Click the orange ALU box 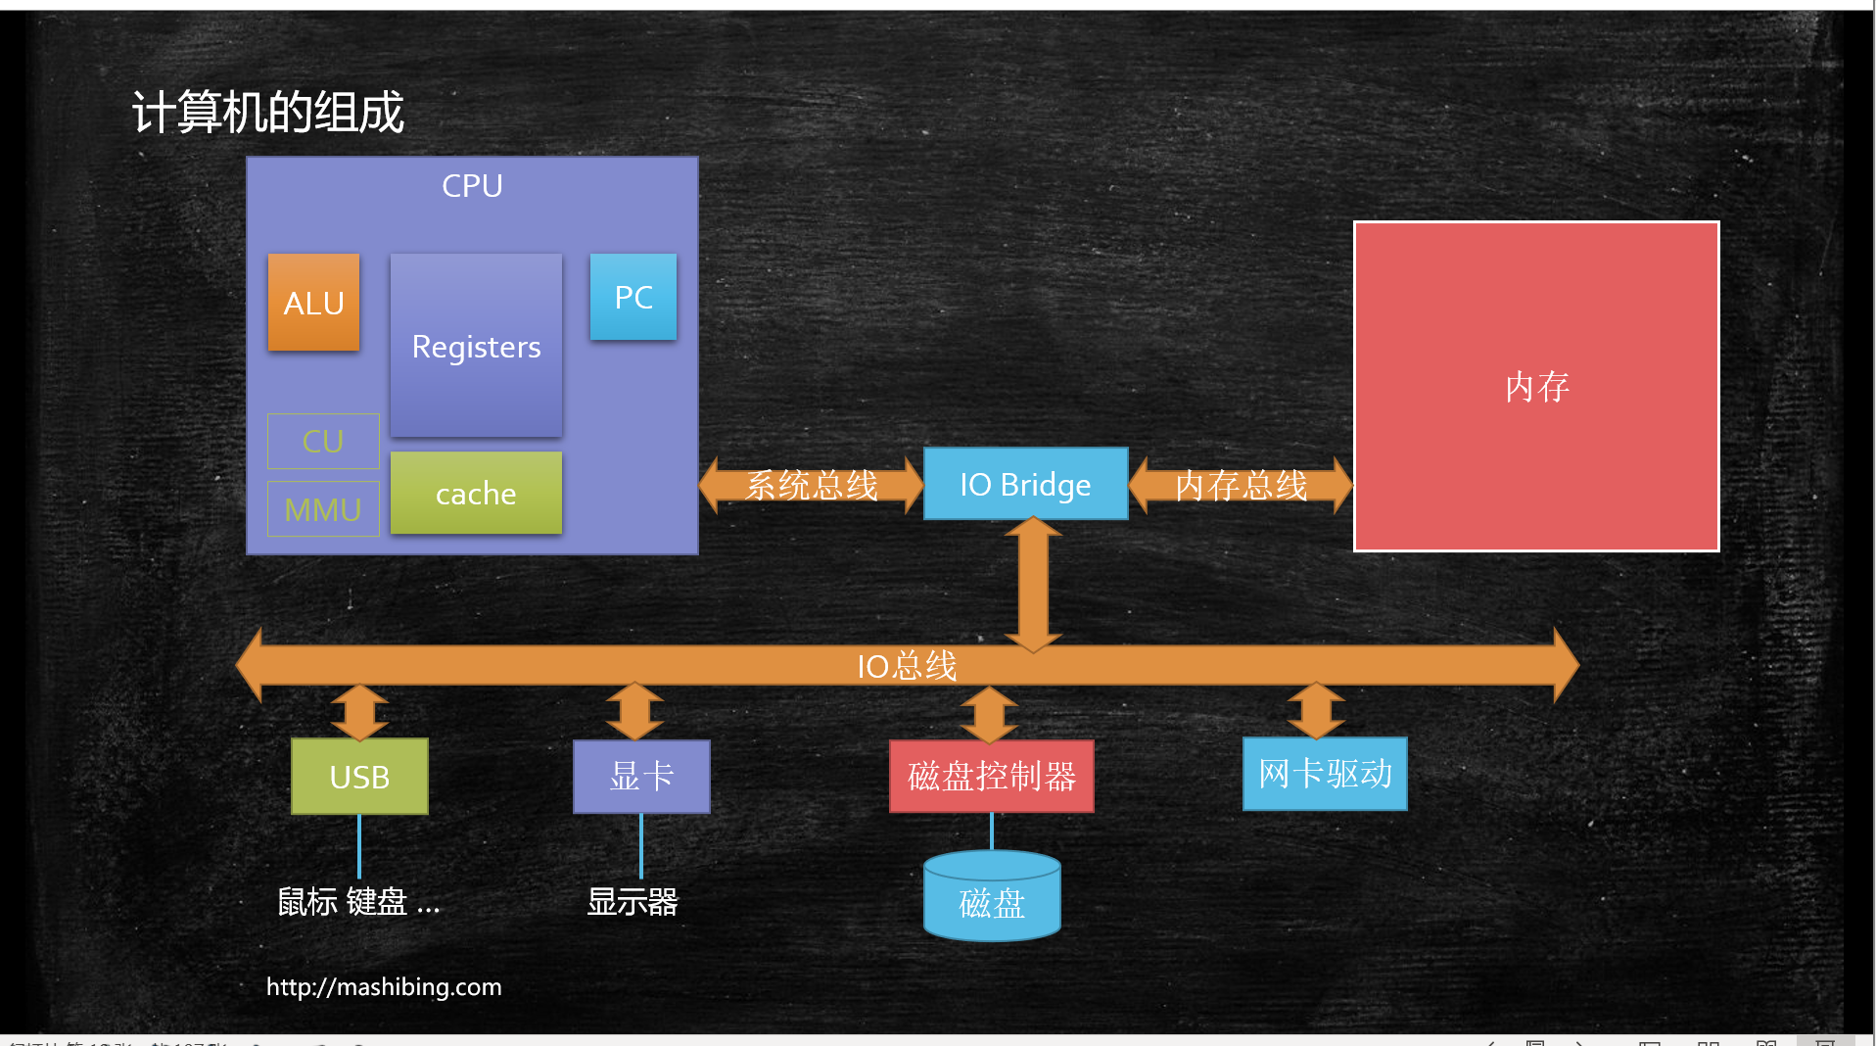313,303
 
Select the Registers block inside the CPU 476,346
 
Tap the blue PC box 633,297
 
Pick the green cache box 476,493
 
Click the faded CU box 323,441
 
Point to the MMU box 323,508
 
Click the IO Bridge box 1025,484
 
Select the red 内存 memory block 1536,386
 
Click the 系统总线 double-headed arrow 812,485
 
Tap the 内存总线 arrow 1241,485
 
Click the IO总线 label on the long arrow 907,666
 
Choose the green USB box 359,777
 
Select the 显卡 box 641,776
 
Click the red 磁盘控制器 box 991,777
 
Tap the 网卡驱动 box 1325,774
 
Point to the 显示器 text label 633,901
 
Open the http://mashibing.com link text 384,986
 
